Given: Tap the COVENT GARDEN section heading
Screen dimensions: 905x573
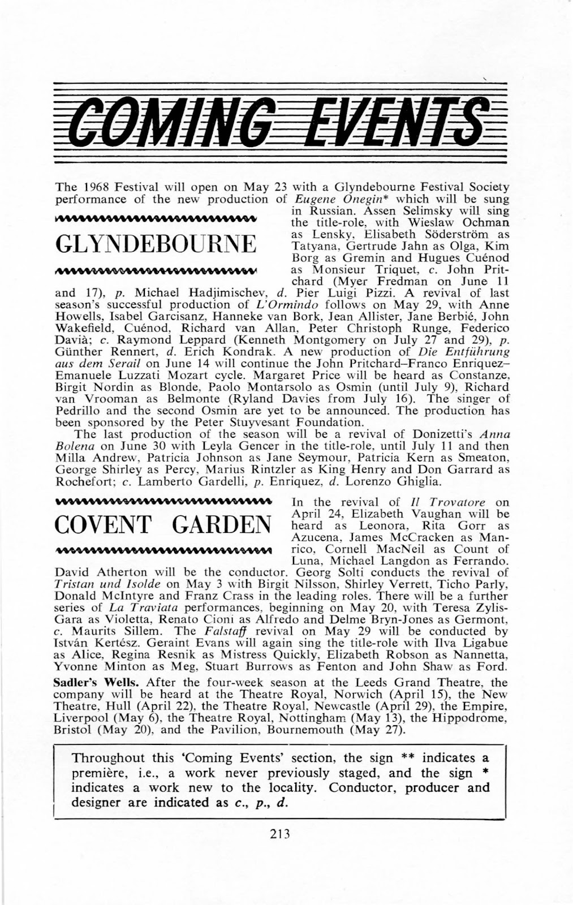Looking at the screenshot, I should click(162, 525).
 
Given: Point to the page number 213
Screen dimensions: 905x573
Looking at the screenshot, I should click(279, 833).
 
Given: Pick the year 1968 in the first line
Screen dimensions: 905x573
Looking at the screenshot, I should click(89, 187).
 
